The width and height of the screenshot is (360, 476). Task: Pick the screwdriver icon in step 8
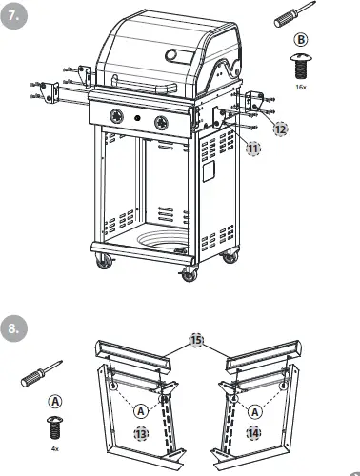[43, 371]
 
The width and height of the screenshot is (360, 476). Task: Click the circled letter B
[300, 40]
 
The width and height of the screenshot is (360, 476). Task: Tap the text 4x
[53, 446]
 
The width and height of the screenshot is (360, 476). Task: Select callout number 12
[279, 127]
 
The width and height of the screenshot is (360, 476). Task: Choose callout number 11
[252, 148]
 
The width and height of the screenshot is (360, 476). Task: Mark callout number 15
[196, 340]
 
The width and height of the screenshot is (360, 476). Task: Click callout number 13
[142, 433]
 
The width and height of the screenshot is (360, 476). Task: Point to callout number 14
[252, 432]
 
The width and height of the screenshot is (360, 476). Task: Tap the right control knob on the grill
[160, 122]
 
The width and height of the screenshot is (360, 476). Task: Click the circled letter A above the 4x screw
[53, 401]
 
